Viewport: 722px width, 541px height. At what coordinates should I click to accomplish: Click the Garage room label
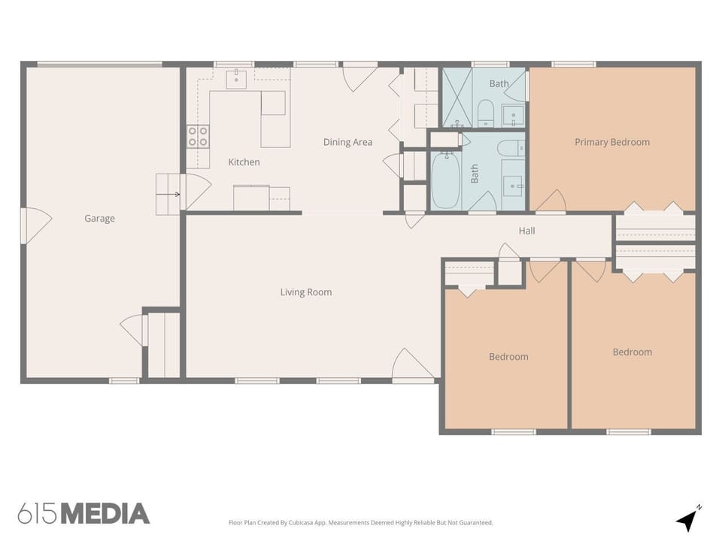click(x=99, y=219)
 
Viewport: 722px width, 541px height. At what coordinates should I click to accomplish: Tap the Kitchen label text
click(x=244, y=162)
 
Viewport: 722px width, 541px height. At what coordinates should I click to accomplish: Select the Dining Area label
click(x=347, y=142)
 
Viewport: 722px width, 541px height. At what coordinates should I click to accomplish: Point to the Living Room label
click(x=305, y=292)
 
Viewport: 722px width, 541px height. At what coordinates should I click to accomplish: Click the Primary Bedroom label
click(x=611, y=142)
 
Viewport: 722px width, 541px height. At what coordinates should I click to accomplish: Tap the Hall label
click(x=526, y=231)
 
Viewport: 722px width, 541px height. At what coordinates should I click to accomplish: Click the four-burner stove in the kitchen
click(x=198, y=136)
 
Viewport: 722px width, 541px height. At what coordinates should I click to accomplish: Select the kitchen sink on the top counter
click(x=237, y=78)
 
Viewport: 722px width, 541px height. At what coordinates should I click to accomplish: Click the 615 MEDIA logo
click(x=83, y=514)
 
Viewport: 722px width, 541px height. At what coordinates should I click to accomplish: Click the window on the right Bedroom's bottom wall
click(x=628, y=432)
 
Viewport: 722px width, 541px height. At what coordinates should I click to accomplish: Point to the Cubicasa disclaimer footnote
click(x=361, y=522)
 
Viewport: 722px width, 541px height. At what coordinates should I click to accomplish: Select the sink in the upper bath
click(x=513, y=114)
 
